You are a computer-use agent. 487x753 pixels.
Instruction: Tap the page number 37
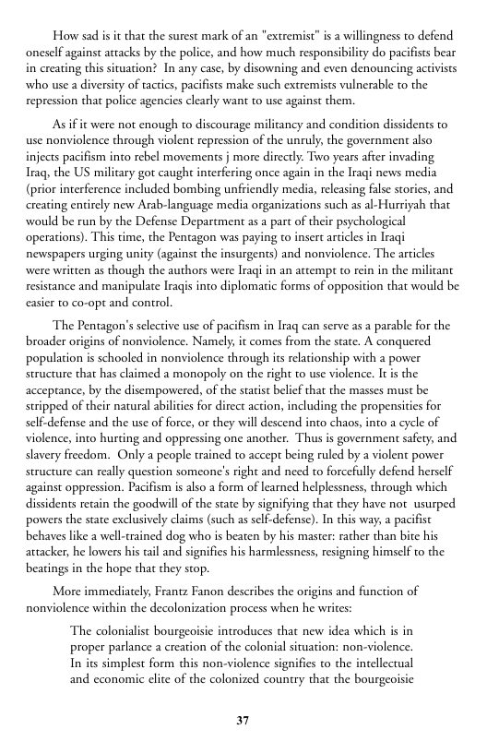coord(243,720)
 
